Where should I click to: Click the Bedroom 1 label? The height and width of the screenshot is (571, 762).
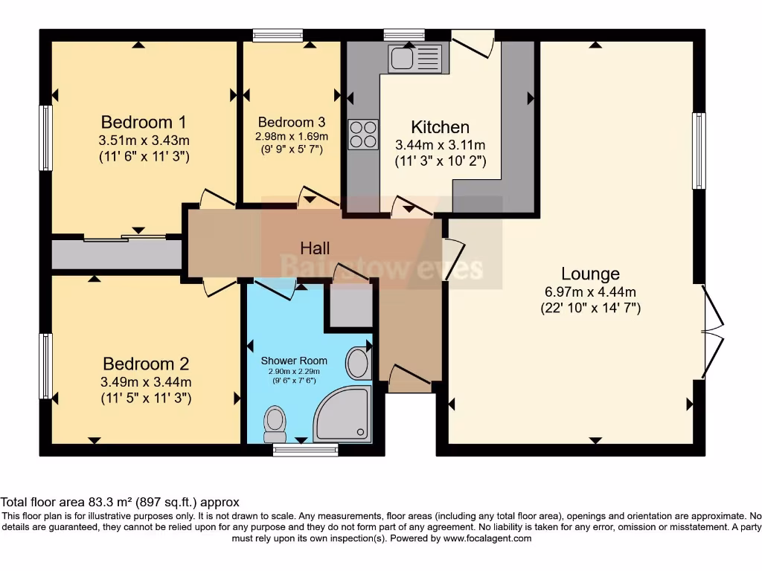144,122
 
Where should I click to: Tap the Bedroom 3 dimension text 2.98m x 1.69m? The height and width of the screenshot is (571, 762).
292,137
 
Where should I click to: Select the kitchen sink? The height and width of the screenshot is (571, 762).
414,58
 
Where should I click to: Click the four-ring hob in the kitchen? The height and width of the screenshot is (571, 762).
363,135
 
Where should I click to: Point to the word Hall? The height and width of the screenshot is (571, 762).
315,248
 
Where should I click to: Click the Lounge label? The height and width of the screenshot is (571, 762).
590,274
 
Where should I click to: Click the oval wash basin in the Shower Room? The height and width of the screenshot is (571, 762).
358,364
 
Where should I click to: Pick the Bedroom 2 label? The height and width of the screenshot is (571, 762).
146,364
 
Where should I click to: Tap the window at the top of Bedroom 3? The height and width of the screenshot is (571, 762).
278,34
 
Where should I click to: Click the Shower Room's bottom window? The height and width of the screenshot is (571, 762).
304,449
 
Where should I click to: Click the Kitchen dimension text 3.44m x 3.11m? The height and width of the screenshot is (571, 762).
441,145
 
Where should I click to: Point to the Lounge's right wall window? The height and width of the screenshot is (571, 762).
698,151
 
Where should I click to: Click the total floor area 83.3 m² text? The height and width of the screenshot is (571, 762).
119,503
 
